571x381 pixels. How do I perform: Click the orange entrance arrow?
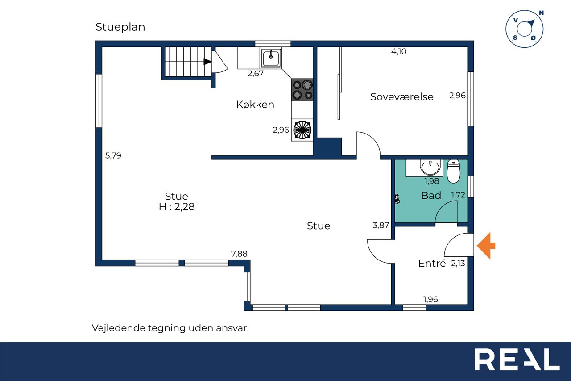(x=486, y=246)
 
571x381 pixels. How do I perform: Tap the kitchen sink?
(x=271, y=58)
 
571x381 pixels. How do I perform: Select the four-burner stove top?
(x=302, y=89)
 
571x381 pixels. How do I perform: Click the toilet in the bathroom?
(x=454, y=171)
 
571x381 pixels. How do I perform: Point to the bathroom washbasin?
(x=430, y=167)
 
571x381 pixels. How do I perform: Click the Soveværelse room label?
(x=402, y=97)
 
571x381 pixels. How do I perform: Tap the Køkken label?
(x=255, y=105)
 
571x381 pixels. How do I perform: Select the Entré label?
(x=432, y=263)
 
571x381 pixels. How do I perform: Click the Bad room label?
(x=431, y=196)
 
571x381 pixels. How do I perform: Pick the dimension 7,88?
(x=239, y=254)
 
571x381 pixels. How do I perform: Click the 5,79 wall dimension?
(x=113, y=155)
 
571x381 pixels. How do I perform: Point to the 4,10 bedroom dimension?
(x=399, y=51)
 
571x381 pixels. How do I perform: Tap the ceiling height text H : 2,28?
(x=177, y=207)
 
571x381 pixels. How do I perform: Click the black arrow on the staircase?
(x=207, y=62)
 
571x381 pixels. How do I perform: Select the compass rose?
(x=525, y=29)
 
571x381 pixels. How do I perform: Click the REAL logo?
(x=517, y=359)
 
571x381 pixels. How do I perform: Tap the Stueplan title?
(x=120, y=27)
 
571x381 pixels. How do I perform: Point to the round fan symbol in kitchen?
(x=302, y=130)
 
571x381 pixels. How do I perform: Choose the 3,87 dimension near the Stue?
(x=381, y=225)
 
